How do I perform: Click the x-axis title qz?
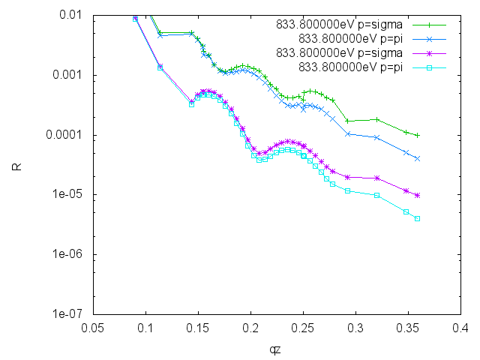coord(277,348)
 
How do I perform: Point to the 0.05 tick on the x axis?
coord(93,327)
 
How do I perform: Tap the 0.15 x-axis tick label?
coord(198,327)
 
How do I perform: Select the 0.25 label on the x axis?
coord(303,327)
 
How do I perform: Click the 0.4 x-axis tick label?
coord(460,327)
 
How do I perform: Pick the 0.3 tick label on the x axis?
coord(355,327)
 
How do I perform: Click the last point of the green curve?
coord(418,136)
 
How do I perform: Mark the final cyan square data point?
coord(418,219)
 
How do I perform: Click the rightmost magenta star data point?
coord(418,195)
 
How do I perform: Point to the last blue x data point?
coord(418,159)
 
